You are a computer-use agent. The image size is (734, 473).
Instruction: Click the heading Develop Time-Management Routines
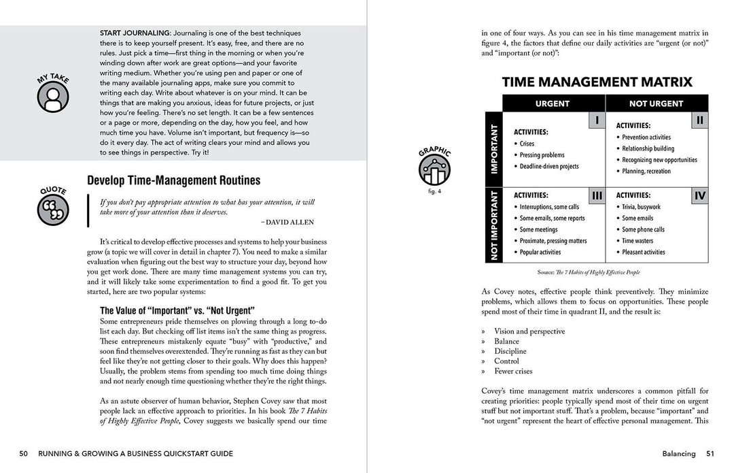point(173,180)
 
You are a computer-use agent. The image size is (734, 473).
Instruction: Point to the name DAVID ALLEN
point(287,222)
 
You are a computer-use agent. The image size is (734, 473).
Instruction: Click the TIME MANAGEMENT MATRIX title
point(597,82)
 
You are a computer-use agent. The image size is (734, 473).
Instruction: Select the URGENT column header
point(553,103)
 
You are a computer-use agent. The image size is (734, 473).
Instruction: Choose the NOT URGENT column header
point(657,103)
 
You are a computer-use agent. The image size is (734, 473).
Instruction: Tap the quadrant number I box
point(596,120)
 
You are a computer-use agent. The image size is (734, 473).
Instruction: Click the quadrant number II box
point(699,120)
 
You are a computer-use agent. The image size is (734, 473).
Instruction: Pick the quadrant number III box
point(596,196)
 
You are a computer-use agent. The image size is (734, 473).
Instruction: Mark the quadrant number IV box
point(699,196)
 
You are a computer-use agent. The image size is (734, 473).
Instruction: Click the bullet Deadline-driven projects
point(549,166)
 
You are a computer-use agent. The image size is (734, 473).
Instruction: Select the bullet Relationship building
point(648,148)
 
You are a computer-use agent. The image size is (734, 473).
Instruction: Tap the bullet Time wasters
point(637,241)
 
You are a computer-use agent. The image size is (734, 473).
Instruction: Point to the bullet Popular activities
point(540,252)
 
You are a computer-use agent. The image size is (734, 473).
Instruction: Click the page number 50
point(24,453)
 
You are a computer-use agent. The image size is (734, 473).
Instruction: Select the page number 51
point(710,453)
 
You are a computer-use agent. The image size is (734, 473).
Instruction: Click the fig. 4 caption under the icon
point(435,191)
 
